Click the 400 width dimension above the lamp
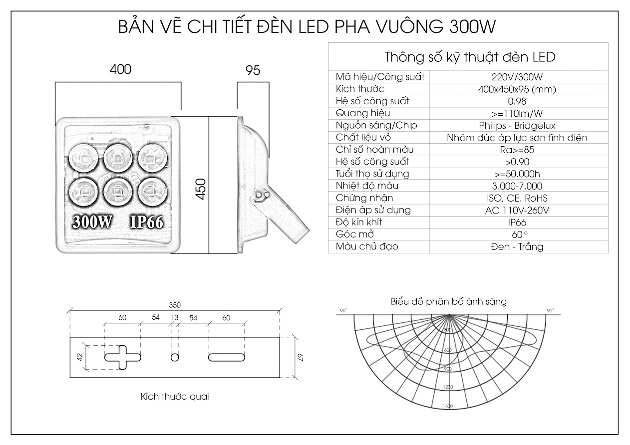120,69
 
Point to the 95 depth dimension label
253,70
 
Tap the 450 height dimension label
200,189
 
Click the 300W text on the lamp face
92,222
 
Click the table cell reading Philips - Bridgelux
517,126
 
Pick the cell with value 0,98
517,101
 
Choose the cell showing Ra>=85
517,150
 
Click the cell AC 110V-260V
517,210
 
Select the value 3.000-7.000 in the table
517,186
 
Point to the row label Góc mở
355,234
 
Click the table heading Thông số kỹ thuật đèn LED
470,57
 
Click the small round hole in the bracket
174,357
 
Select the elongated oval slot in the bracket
227,357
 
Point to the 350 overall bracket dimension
174,305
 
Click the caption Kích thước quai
175,397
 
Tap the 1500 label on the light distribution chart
448,406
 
